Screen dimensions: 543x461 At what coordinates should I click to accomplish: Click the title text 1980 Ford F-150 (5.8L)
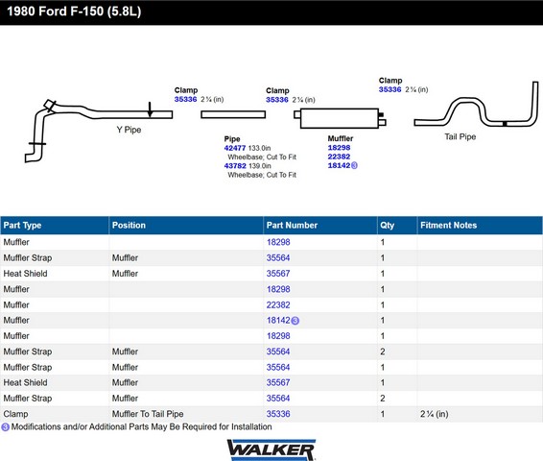point(74,12)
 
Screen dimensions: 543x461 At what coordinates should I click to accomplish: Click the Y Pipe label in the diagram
point(129,130)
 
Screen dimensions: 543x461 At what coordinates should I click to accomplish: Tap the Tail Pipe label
point(460,136)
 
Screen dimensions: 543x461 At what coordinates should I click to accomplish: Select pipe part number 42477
point(235,148)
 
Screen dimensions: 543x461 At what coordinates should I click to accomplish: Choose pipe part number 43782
point(235,166)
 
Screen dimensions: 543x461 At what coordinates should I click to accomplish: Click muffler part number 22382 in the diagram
point(339,157)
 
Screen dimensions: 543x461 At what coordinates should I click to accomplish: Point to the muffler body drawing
point(340,118)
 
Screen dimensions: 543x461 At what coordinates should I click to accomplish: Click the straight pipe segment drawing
point(233,114)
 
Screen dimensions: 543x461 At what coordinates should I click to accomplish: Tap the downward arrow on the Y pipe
point(150,109)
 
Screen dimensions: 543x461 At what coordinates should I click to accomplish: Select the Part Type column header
point(22,226)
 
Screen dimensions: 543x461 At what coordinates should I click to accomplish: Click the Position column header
point(129,226)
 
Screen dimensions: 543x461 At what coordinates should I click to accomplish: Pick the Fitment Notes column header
point(448,226)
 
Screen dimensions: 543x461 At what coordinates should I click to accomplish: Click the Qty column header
point(388,226)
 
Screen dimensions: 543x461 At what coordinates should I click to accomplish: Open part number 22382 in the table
point(278,305)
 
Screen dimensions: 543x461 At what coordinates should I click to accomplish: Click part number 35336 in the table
point(278,414)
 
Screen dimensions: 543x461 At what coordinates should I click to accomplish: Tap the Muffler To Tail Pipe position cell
point(148,414)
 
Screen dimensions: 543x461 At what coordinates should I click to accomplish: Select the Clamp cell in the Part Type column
point(15,414)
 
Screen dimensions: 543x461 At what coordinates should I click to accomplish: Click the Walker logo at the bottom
point(271,449)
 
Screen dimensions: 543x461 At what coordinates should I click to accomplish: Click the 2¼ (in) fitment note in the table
point(435,414)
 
